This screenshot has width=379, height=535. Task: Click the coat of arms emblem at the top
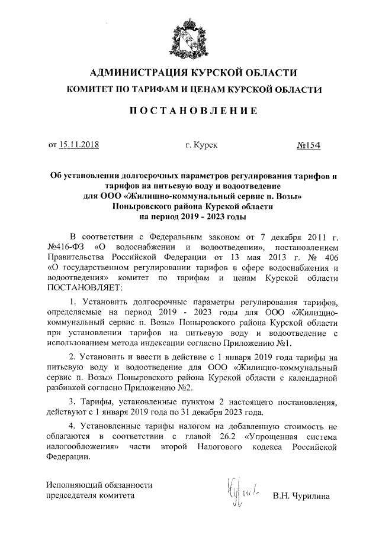click(189, 36)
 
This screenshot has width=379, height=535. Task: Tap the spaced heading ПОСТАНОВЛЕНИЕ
click(189, 111)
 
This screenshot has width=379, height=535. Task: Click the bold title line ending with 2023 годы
click(189, 217)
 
